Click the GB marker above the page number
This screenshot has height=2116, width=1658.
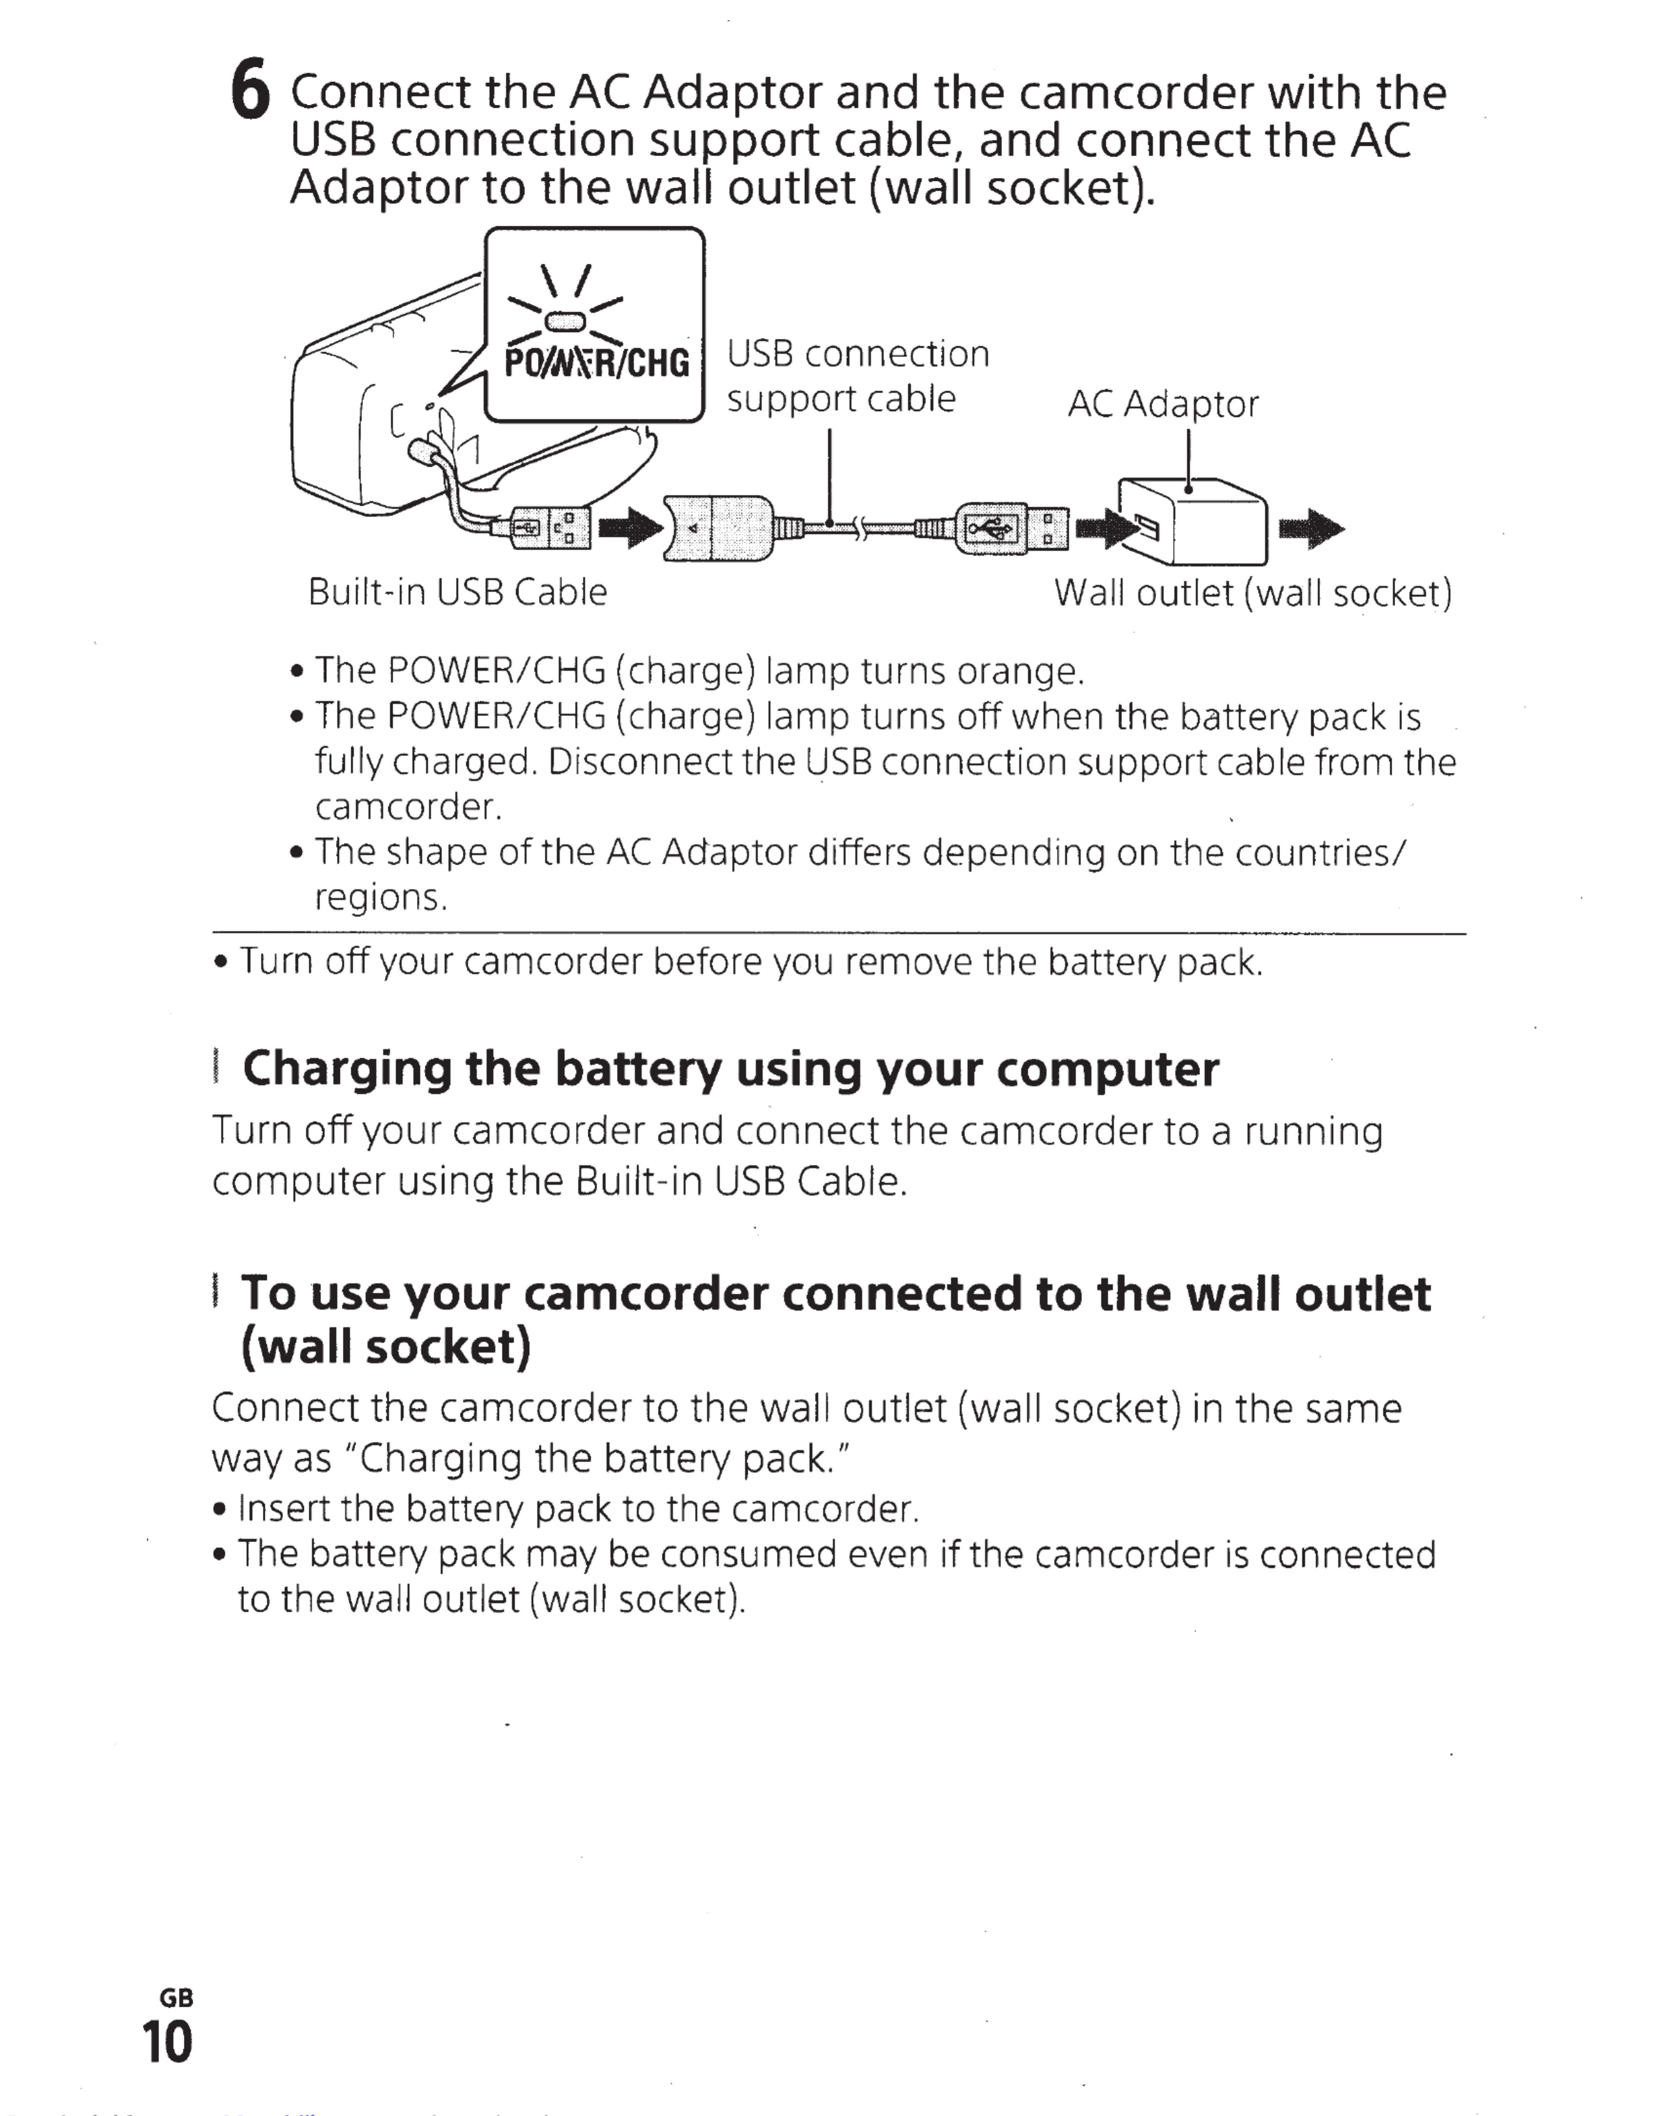176,1997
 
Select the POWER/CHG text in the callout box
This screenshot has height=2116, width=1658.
596,363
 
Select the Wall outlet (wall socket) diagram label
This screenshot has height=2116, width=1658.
1252,593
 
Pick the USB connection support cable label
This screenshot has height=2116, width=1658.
857,376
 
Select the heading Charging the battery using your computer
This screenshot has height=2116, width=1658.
730,1069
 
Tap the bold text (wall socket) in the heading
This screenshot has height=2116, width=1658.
386,1346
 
